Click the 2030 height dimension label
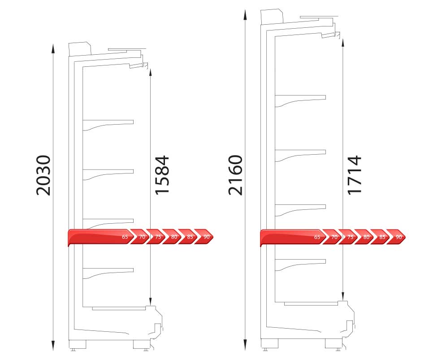click(43, 175)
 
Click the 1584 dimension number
click(162, 175)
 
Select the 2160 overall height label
click(235, 175)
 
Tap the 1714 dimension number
click(354, 175)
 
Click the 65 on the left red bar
click(125, 237)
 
